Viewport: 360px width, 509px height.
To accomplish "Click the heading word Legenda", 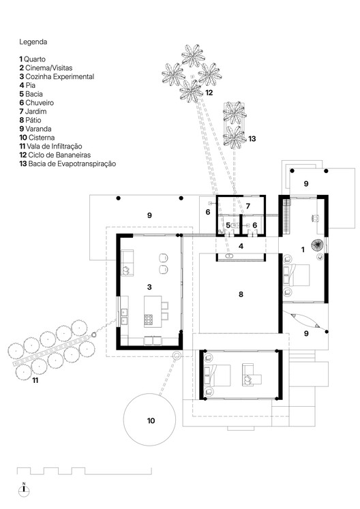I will click(x=33, y=42).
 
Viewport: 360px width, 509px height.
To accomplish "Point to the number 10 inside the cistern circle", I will click(x=151, y=420).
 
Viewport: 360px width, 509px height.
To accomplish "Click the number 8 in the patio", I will click(x=241, y=294).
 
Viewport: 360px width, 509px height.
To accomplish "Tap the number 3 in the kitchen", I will click(x=149, y=288).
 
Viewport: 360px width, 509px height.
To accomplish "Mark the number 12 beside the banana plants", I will click(x=209, y=92).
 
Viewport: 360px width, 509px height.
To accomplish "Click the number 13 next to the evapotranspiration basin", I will click(x=252, y=139).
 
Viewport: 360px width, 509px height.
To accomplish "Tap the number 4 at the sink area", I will click(x=240, y=245).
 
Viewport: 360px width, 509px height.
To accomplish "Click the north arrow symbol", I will click(x=24, y=489).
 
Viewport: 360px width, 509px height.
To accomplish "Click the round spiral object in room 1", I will click(x=318, y=245).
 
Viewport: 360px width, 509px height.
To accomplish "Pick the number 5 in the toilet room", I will click(x=228, y=225).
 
